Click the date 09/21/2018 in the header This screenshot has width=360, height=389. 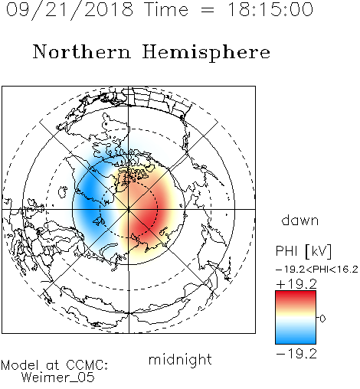click(x=70, y=10)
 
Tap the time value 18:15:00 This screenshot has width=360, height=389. click(x=270, y=9)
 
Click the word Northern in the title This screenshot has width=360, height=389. click(x=82, y=51)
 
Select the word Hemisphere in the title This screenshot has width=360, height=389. click(x=206, y=53)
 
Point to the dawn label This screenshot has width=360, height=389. click(x=300, y=221)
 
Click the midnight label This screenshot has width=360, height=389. click(x=180, y=360)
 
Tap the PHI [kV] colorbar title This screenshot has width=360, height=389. click(x=303, y=251)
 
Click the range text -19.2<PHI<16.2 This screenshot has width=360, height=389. click(x=317, y=270)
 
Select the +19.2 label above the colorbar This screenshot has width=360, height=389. click(x=296, y=284)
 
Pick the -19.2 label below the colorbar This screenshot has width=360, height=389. click(x=296, y=354)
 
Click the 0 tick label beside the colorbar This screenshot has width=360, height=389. click(x=322, y=319)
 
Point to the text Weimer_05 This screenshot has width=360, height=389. click(x=58, y=378)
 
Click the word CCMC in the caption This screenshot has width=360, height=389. click(x=87, y=365)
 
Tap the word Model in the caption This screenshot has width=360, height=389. click(x=20, y=365)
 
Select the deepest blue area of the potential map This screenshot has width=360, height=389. click(x=90, y=197)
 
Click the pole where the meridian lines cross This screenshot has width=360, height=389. click(x=129, y=210)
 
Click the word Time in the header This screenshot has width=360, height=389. click(x=166, y=9)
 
